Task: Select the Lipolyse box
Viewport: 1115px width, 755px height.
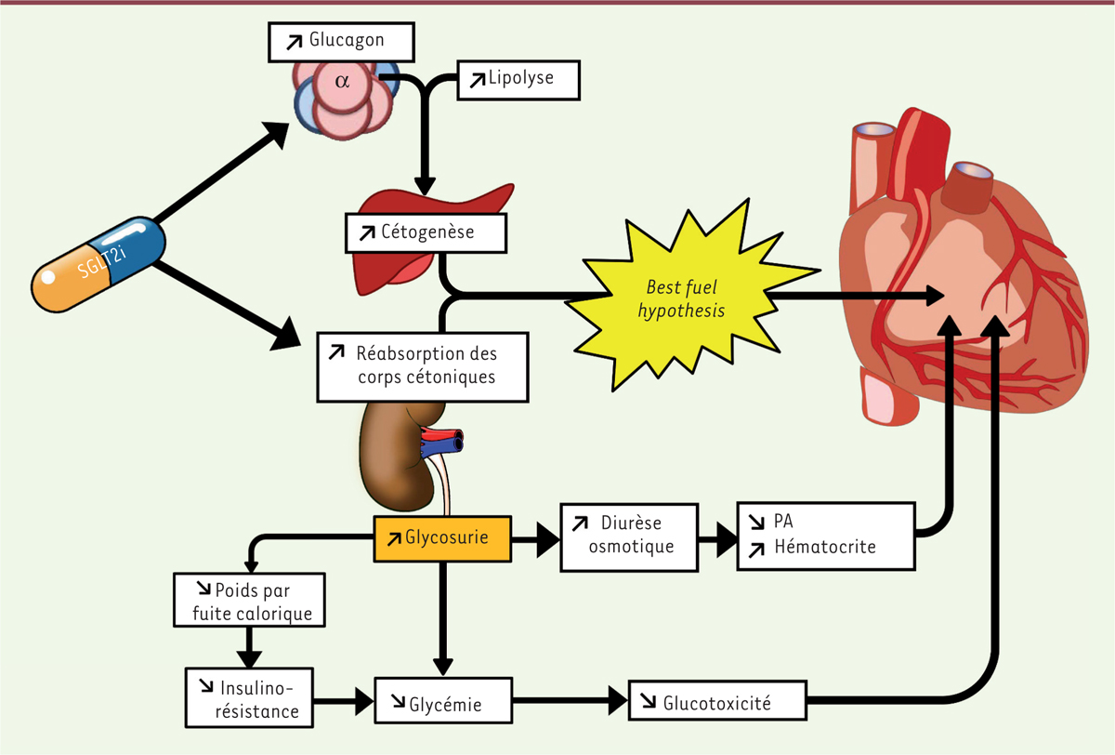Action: click(x=518, y=80)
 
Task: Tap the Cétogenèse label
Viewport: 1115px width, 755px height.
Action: click(x=426, y=232)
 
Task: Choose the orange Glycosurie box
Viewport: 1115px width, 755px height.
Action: click(x=444, y=539)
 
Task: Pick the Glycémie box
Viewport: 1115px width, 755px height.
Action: click(x=443, y=704)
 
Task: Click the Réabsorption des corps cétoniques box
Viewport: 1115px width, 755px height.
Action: click(x=423, y=366)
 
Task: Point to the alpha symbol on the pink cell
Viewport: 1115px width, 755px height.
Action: click(x=343, y=82)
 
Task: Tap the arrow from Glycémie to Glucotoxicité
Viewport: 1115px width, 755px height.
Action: click(x=571, y=700)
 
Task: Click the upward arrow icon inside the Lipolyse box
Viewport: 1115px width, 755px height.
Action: click(x=477, y=79)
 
